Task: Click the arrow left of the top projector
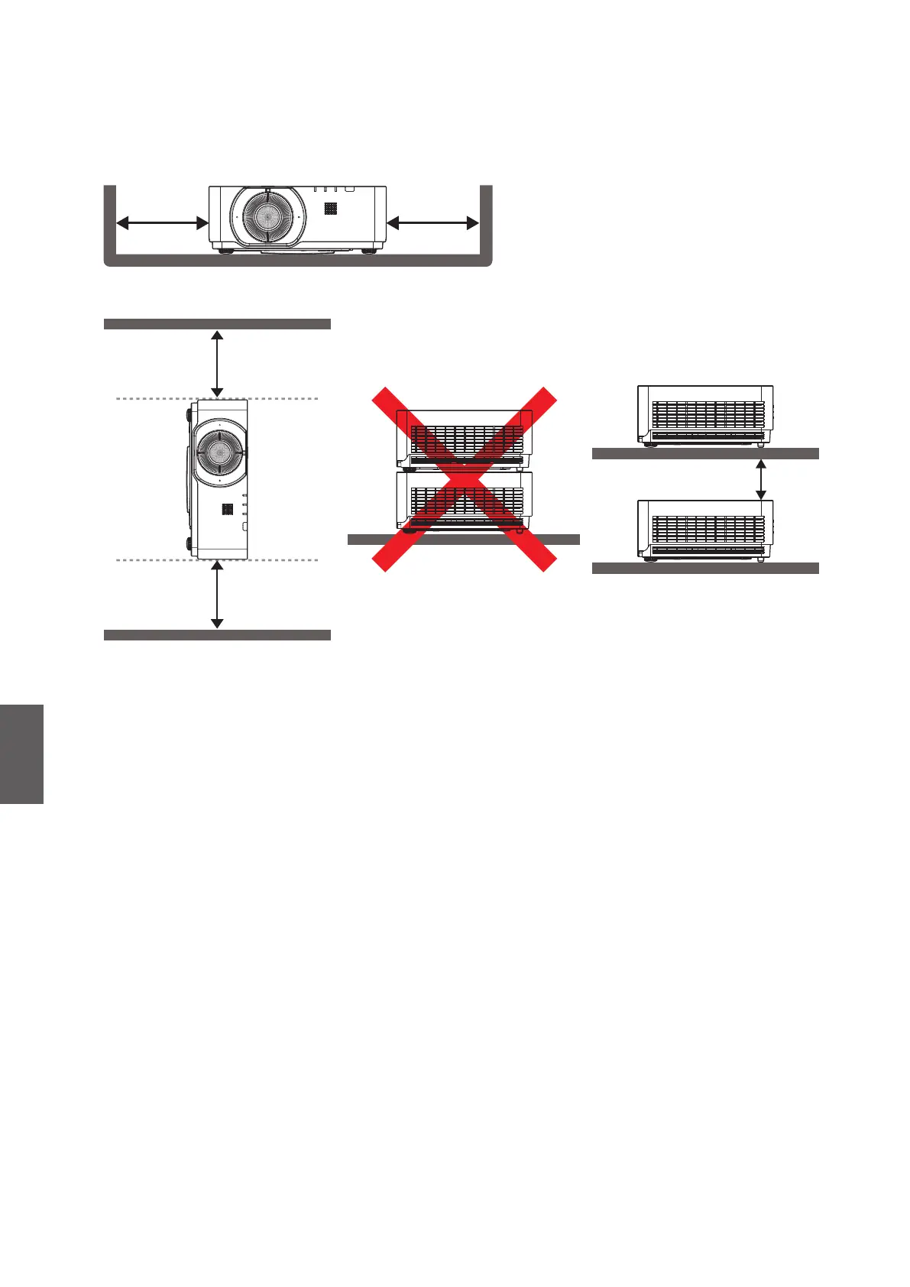162,223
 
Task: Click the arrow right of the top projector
433,223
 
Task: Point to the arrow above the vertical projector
218,364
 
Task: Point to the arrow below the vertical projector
218,595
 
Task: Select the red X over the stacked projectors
464,479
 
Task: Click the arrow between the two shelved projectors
760,479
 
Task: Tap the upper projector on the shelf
704,415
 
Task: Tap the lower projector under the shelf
704,529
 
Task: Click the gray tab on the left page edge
21,754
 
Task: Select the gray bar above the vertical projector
217,324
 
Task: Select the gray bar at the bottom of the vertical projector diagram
217,635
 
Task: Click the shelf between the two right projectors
704,454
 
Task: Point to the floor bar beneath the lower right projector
704,568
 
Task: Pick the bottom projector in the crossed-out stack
464,501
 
